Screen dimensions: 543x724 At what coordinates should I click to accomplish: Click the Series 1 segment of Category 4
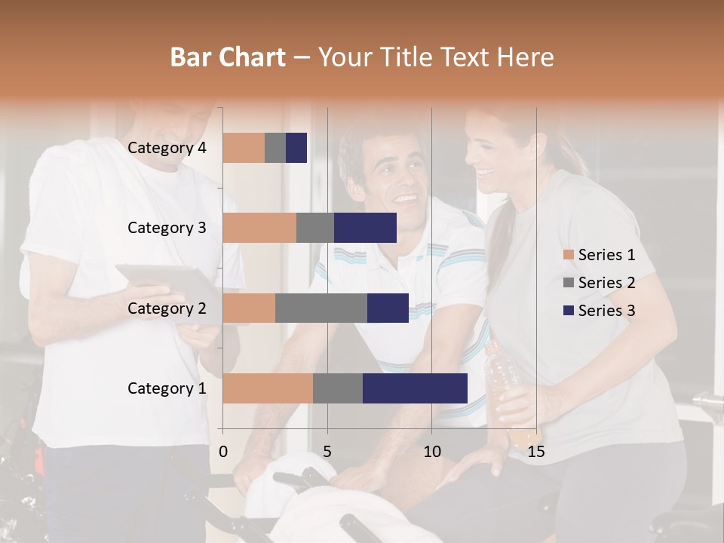click(244, 148)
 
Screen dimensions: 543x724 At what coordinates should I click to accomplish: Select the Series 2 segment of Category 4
click(275, 148)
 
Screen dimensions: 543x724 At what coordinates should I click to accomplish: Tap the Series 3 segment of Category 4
click(296, 148)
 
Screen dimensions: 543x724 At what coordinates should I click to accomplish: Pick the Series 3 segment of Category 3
click(365, 228)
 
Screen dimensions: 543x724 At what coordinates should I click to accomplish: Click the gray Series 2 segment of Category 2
click(321, 308)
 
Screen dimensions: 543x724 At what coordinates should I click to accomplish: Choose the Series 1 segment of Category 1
click(268, 388)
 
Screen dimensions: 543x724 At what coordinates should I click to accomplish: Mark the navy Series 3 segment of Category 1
click(415, 388)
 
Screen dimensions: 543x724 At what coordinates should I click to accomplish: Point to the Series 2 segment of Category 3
click(315, 228)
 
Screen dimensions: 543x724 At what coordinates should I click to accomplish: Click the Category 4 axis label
click(167, 148)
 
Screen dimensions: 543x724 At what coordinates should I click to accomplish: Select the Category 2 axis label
click(167, 308)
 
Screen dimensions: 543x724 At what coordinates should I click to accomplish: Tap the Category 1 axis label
click(167, 388)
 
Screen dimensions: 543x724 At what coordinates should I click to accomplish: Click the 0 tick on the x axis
click(223, 452)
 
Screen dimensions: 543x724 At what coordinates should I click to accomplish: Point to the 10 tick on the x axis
click(431, 452)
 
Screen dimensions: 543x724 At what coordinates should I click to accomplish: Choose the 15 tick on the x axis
click(536, 452)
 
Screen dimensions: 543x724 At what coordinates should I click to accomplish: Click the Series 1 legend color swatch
click(568, 255)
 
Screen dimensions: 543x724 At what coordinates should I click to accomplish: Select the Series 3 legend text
click(606, 311)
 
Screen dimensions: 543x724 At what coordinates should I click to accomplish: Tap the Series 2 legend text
click(606, 283)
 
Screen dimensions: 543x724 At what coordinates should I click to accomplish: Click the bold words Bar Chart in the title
click(228, 57)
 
